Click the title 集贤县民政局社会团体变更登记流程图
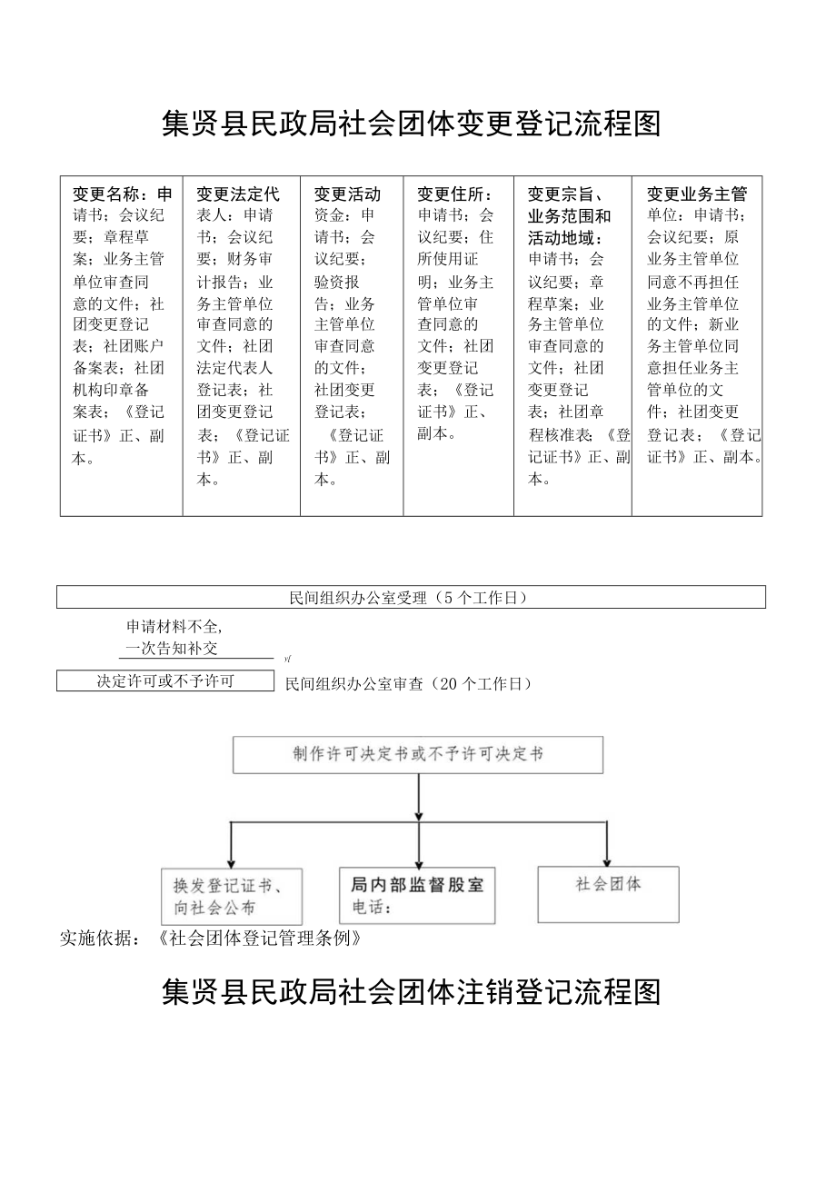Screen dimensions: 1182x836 pyautogui.click(x=411, y=124)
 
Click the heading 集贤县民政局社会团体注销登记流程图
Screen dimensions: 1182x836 pyautogui.click(x=411, y=992)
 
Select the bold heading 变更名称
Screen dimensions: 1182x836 pyautogui.click(x=108, y=194)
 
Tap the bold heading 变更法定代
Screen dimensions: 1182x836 pyautogui.click(x=237, y=194)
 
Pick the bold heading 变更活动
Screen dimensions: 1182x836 pyautogui.click(x=347, y=194)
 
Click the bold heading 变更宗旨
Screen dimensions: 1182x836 pyautogui.click(x=564, y=194)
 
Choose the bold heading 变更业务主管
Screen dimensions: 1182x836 pyautogui.click(x=696, y=194)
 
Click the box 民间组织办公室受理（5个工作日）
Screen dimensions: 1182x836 pyautogui.click(x=411, y=597)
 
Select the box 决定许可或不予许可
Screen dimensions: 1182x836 pyautogui.click(x=164, y=680)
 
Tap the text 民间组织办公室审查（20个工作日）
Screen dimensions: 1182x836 pyautogui.click(x=408, y=684)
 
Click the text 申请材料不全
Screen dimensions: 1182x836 pyautogui.click(x=174, y=626)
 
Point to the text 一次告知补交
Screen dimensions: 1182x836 pyautogui.click(x=172, y=648)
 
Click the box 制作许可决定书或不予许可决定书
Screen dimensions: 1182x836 pyautogui.click(x=417, y=755)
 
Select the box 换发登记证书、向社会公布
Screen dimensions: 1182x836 pyautogui.click(x=231, y=896)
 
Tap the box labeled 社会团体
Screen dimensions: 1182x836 pyautogui.click(x=608, y=893)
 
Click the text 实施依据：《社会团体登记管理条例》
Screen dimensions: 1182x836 pyautogui.click(x=211, y=938)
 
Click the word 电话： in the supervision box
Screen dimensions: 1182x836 pyautogui.click(x=371, y=908)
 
